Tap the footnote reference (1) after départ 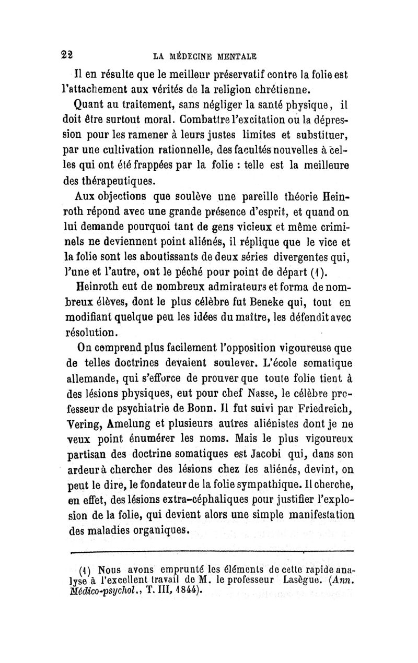pos(320,271)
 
